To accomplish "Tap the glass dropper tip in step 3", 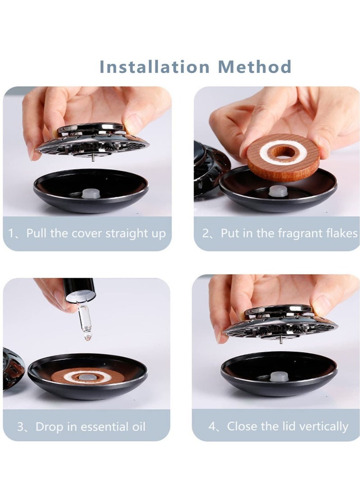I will tap(84, 335).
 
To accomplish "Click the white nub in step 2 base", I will tap(278, 191).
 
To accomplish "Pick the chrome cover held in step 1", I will tap(92, 140).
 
